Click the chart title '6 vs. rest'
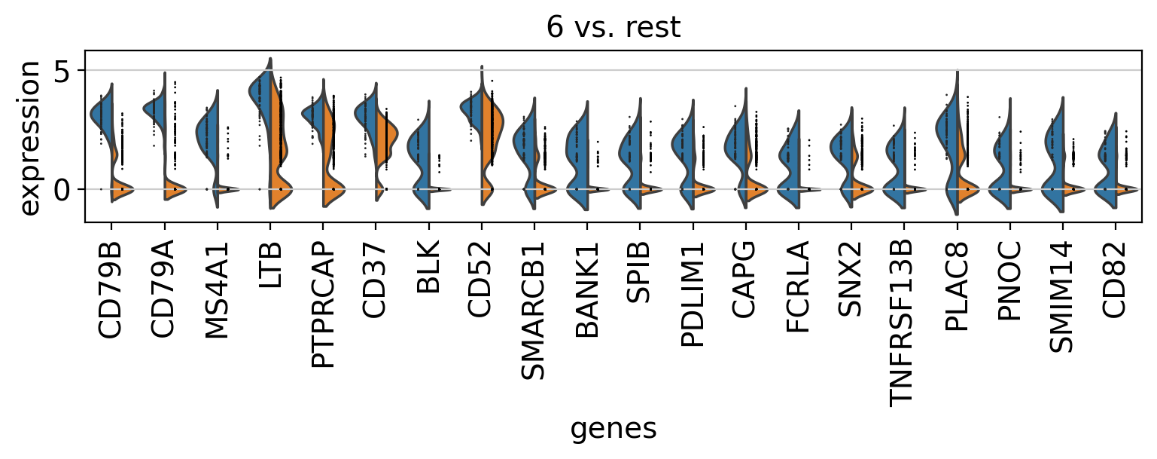(x=613, y=28)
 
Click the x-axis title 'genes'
(x=614, y=428)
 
